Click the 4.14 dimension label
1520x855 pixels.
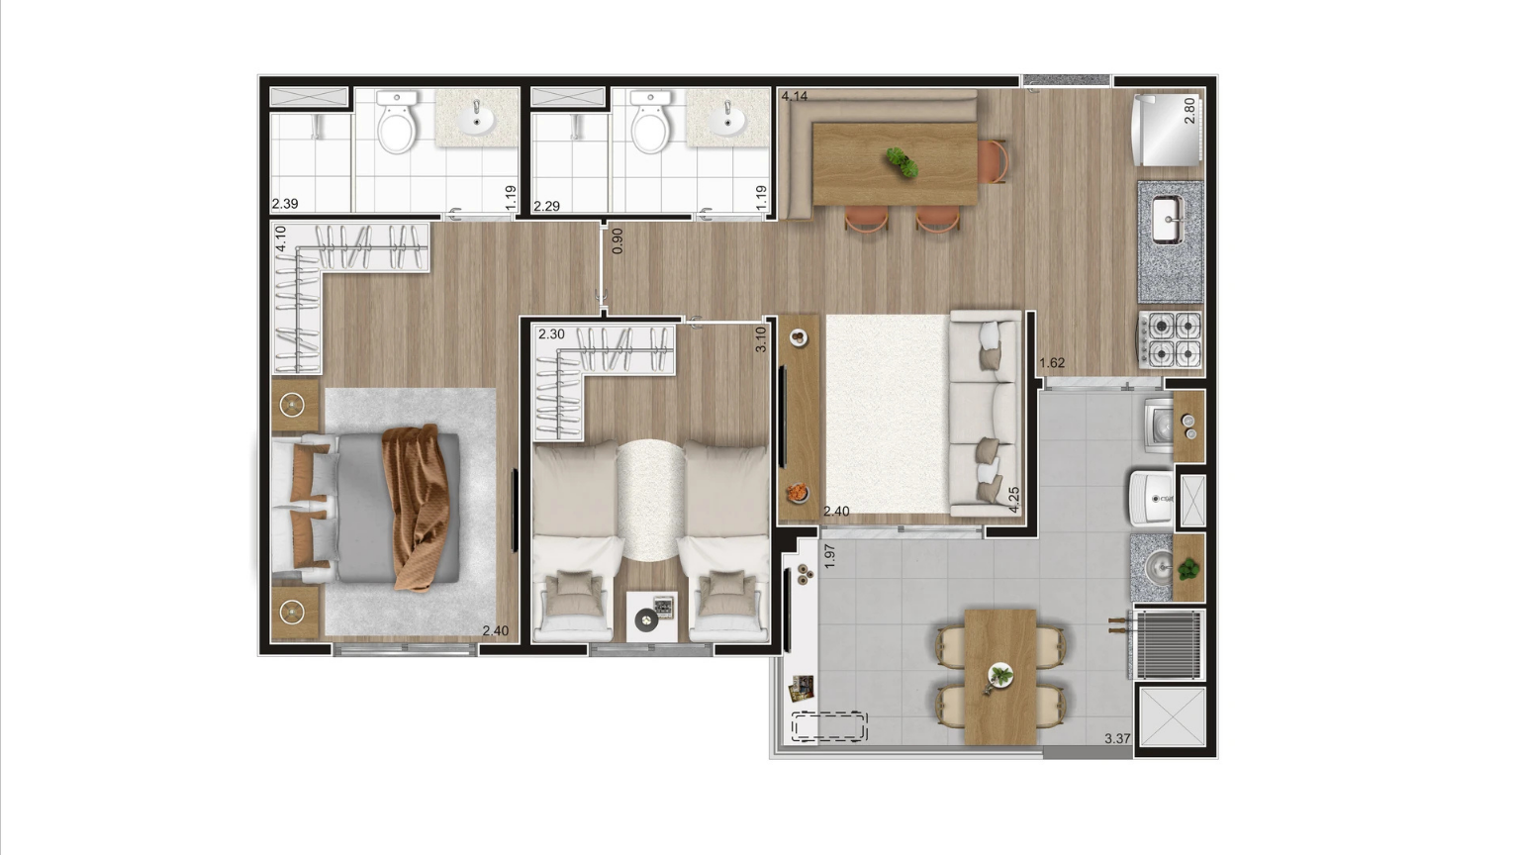tap(794, 96)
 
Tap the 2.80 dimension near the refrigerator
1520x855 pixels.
tap(1189, 111)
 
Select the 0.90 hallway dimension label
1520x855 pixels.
tap(617, 240)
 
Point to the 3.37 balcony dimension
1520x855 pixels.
tap(1117, 738)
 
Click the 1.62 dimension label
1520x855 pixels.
tap(1052, 363)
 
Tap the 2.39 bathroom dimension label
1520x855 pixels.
tap(285, 204)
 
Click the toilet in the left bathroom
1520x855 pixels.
tap(396, 122)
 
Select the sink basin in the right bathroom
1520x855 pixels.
tap(726, 119)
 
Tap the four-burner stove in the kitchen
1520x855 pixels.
tap(1171, 339)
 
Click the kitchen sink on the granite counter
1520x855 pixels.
tap(1169, 219)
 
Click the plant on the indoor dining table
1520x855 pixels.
tap(902, 163)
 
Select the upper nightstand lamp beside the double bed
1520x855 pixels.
tap(293, 405)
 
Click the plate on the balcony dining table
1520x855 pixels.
tap(1000, 676)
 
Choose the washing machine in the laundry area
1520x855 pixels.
tap(1159, 426)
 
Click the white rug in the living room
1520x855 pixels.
tap(888, 414)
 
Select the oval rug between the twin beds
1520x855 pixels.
tap(651, 500)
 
